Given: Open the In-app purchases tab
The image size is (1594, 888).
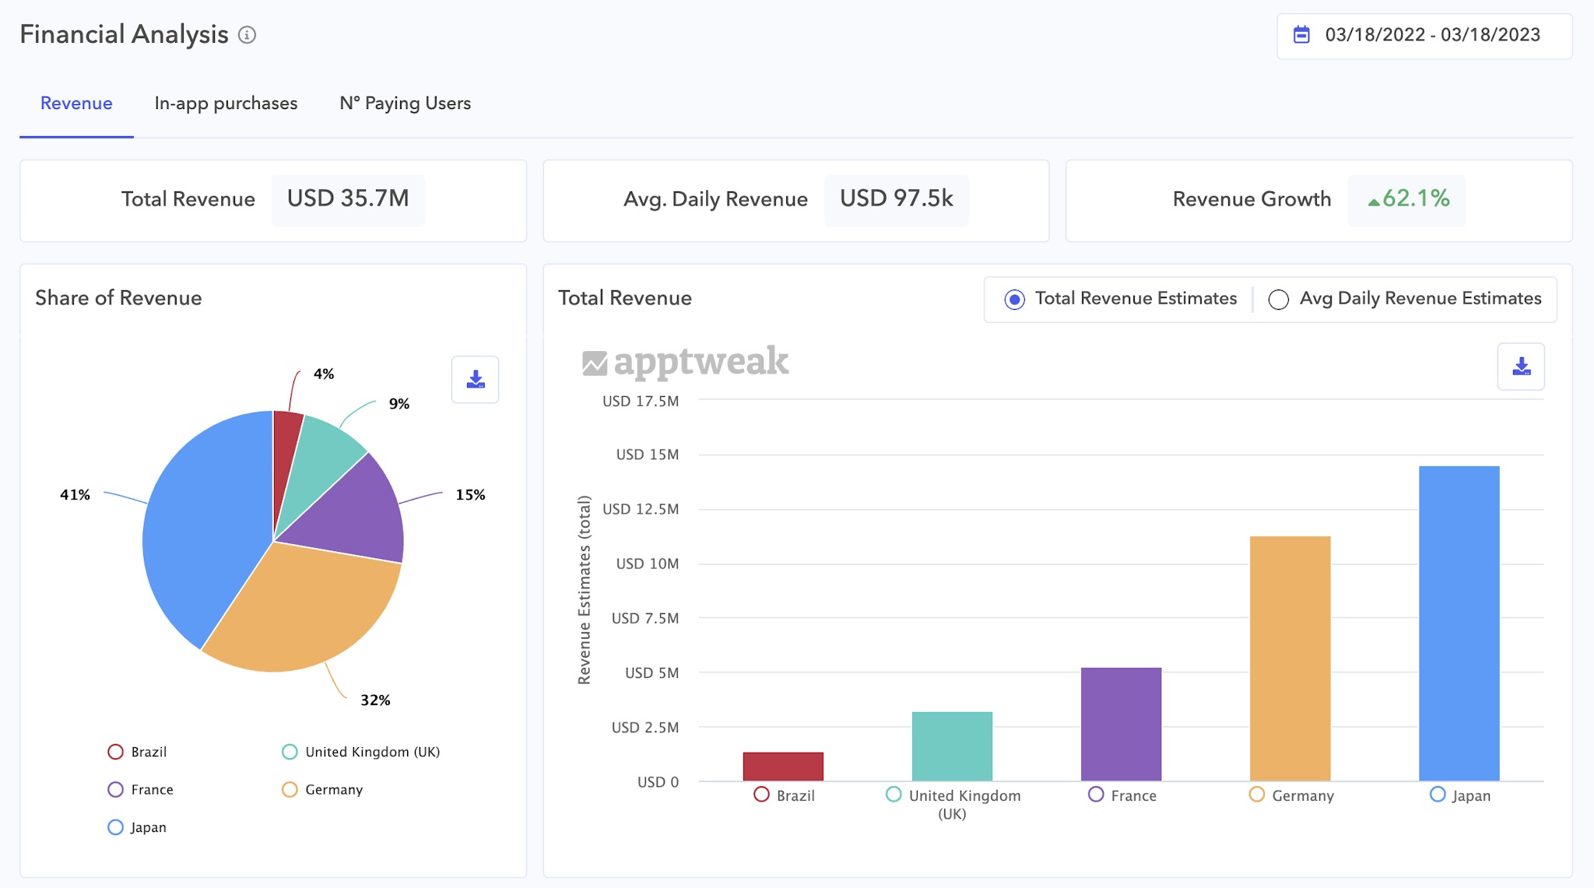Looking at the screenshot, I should click(226, 104).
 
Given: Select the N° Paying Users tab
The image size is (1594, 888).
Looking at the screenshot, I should click(405, 104).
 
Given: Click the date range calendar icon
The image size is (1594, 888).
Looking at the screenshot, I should click(1301, 35).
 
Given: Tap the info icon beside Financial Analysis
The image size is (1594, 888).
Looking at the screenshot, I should click(247, 35).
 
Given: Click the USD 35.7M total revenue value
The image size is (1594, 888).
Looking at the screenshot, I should click(348, 199).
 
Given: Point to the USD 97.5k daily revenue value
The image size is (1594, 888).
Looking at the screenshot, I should click(896, 199).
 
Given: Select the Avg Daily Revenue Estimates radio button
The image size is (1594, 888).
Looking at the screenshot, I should click(1279, 300).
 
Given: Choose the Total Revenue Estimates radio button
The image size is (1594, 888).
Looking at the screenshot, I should click(1014, 300).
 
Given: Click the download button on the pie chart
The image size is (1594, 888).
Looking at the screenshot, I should click(475, 380).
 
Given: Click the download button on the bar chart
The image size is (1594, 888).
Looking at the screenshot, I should click(1521, 367).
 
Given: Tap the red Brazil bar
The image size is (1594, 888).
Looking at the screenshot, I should click(783, 767).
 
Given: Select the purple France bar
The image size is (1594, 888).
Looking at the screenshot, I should click(1121, 724).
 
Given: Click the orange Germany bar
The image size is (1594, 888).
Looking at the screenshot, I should click(1290, 658).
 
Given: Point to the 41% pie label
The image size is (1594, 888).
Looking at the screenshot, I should click(75, 495).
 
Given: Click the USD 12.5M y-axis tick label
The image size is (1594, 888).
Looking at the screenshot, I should click(641, 510).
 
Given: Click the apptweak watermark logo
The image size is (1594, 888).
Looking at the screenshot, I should click(686, 362).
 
